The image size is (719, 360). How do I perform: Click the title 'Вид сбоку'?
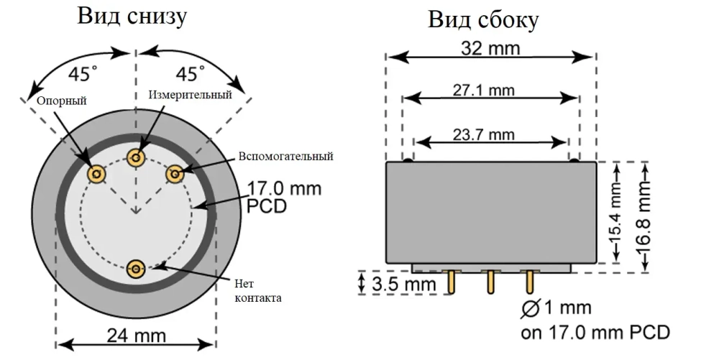pos(483,20)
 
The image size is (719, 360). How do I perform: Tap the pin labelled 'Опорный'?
pos(96,173)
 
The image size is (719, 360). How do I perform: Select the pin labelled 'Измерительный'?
pos(135,157)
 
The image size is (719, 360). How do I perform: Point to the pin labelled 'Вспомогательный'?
pos(175,173)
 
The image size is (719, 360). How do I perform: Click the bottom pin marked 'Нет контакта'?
pos(136,269)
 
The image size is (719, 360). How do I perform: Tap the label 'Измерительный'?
pos(191,95)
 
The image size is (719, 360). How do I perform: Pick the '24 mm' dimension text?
pos(137,336)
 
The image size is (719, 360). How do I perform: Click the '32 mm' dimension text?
pos(490,48)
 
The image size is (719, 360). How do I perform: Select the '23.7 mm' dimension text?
pos(489,134)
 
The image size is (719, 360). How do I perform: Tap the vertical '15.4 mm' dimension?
pos(616,213)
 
